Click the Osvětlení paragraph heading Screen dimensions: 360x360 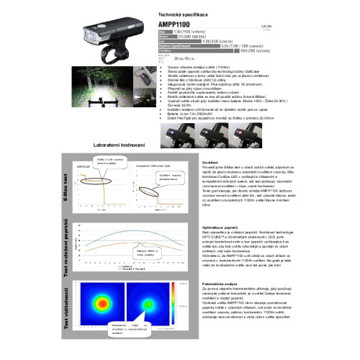pos(210,162)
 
